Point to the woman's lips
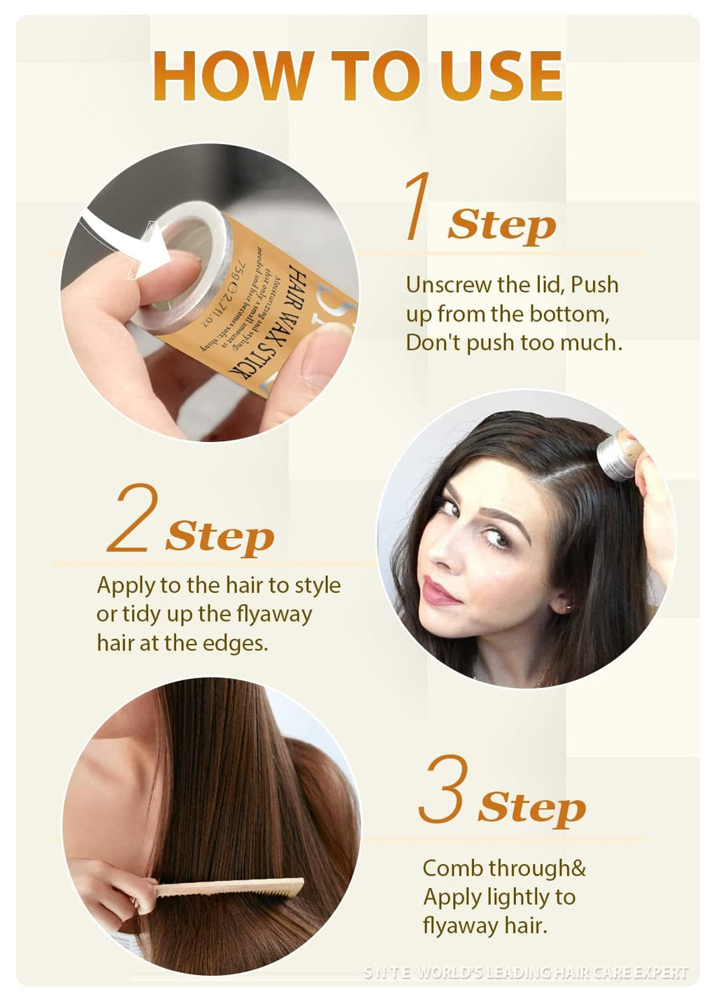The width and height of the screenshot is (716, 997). pos(439,593)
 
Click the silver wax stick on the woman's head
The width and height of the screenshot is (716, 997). pos(618,454)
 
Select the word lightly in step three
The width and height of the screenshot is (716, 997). pos(503,897)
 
